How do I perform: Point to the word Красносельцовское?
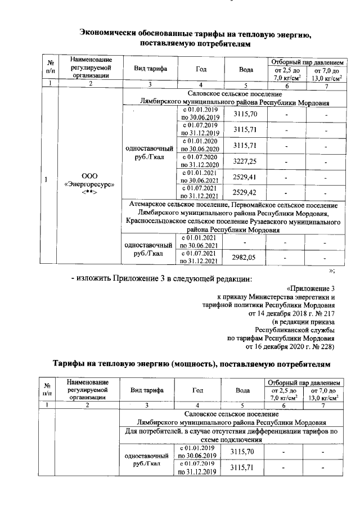(159, 222)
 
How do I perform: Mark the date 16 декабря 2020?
(278, 347)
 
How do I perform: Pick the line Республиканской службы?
(295, 330)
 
